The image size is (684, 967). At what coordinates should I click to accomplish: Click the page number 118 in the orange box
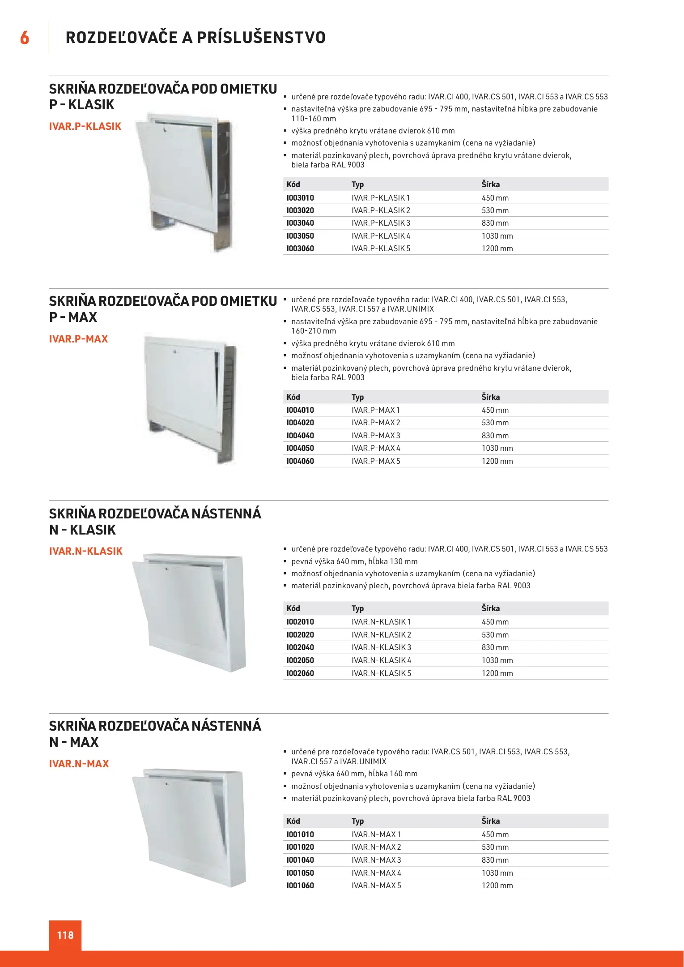pyautogui.click(x=65, y=935)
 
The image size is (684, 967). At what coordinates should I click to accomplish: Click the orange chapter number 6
pyautogui.click(x=25, y=38)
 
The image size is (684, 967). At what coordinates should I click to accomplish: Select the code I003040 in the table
pyautogui.click(x=300, y=223)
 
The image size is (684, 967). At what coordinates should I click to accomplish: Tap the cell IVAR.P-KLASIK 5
pyautogui.click(x=381, y=248)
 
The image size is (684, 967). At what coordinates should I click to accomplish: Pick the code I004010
pyautogui.click(x=300, y=410)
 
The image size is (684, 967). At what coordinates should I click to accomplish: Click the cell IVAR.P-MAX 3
pyautogui.click(x=376, y=436)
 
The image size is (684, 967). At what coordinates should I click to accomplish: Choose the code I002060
pyautogui.click(x=300, y=673)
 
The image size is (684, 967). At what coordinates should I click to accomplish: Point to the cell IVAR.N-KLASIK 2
pyautogui.click(x=381, y=635)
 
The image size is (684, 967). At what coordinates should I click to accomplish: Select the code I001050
pyautogui.click(x=300, y=873)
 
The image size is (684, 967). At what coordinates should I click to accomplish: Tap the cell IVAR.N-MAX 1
pyautogui.click(x=376, y=834)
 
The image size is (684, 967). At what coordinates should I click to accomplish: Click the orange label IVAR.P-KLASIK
pyautogui.click(x=85, y=126)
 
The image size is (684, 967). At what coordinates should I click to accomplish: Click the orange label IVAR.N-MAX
pyautogui.click(x=79, y=764)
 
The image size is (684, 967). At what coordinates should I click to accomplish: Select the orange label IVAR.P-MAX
pyautogui.click(x=79, y=339)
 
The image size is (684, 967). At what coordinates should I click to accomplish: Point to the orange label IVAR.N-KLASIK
pyautogui.click(x=86, y=551)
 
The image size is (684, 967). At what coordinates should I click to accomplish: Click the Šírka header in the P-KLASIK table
pyautogui.click(x=491, y=184)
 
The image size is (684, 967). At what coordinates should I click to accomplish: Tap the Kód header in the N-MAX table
pyautogui.click(x=293, y=821)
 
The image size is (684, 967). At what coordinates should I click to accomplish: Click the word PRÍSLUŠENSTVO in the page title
pyautogui.click(x=261, y=38)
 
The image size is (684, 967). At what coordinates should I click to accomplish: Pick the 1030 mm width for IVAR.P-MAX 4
pyautogui.click(x=497, y=448)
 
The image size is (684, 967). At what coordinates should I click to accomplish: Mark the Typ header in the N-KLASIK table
pyautogui.click(x=357, y=608)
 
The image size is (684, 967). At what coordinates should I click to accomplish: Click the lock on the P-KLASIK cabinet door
pyautogui.click(x=165, y=131)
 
